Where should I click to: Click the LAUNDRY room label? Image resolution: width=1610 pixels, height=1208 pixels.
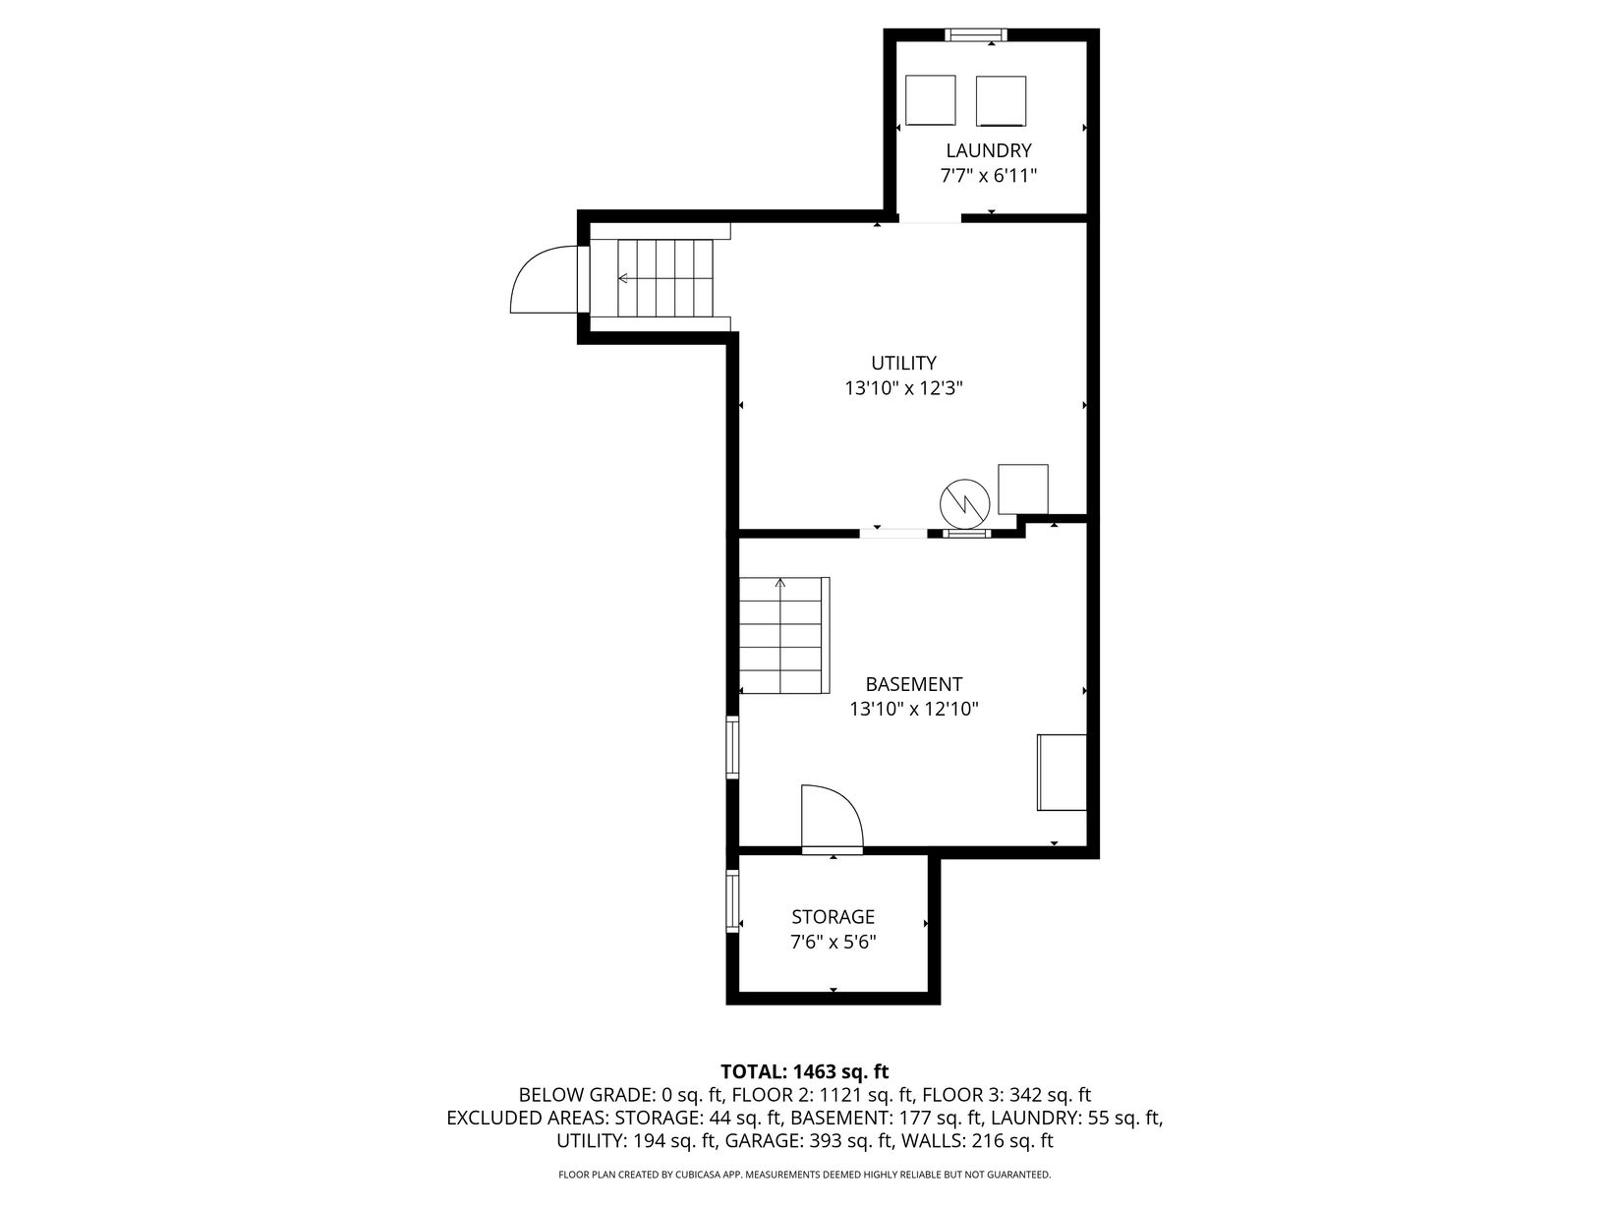[x=988, y=150]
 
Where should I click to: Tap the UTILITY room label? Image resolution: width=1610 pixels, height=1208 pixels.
[x=903, y=363]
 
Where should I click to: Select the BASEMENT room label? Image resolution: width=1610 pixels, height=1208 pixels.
[x=913, y=684]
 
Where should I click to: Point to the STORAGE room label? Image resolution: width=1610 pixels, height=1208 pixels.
[x=833, y=917]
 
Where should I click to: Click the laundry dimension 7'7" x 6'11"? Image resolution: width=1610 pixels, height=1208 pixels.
[x=988, y=176]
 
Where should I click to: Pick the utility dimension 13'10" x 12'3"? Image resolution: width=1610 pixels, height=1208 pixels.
[x=903, y=388]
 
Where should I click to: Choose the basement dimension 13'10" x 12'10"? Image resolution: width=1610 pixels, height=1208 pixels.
[x=913, y=710]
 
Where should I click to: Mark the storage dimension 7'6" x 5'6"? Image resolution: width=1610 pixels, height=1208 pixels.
[x=833, y=942]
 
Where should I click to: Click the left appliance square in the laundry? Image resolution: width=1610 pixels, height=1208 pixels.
[x=930, y=99]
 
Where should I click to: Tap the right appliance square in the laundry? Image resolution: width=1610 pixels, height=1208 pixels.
[x=1001, y=100]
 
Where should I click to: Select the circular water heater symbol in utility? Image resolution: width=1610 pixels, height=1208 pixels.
[x=964, y=503]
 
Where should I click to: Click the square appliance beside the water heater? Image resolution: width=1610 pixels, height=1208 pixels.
[x=1022, y=489]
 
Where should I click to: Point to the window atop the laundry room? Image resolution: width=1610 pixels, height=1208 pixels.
[x=975, y=34]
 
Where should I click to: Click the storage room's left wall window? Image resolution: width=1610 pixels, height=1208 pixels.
[x=732, y=900]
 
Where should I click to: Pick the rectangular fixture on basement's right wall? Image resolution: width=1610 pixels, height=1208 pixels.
[x=1062, y=773]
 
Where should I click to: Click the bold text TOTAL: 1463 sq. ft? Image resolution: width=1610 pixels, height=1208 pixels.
[x=804, y=1071]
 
